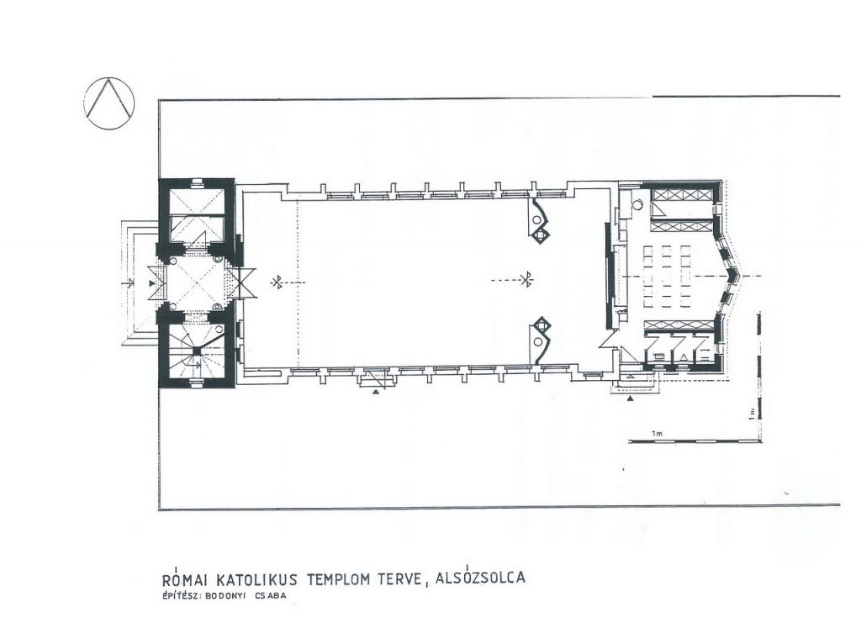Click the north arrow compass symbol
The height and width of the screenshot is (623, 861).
pos(108,103)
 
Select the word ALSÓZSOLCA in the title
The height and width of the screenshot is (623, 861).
pos(480,578)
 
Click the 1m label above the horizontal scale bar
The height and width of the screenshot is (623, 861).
pos(657,434)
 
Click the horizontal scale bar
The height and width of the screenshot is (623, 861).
pos(695,441)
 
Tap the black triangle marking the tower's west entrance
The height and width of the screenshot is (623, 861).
pos(152,283)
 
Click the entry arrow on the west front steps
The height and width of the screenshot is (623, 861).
pos(129,283)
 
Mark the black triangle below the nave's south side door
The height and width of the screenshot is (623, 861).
pos(376,392)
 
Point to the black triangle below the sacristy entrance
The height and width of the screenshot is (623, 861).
pos(631,398)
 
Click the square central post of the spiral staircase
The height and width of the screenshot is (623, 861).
pos(194,352)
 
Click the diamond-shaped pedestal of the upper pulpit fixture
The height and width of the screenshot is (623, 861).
pos(541,235)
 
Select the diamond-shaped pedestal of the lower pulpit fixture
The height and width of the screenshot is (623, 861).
pos(541,326)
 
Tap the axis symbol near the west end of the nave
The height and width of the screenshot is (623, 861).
pos(277,282)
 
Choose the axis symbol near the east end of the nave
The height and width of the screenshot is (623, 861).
pos(528,280)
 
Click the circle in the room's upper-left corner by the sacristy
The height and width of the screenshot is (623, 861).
pos(637,205)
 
